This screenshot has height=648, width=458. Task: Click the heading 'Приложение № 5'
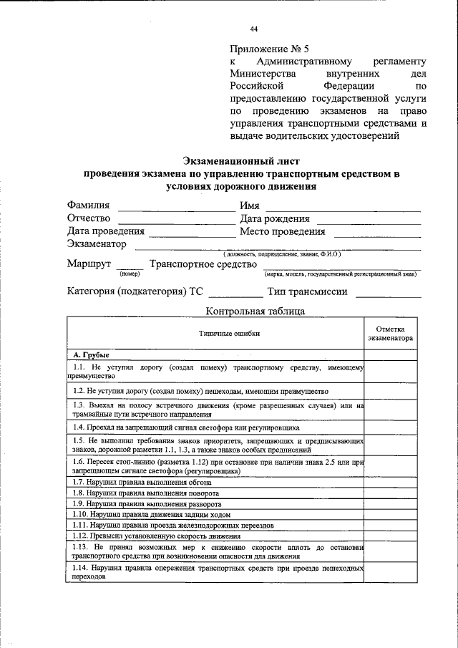(270, 49)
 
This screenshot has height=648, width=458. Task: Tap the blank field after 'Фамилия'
(171, 208)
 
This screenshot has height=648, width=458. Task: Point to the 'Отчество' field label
(89, 218)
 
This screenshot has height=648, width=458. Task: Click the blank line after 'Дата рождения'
(369, 221)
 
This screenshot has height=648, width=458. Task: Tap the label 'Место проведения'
(283, 231)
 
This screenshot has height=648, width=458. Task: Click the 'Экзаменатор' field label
(97, 244)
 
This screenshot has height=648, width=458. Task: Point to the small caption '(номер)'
(130, 274)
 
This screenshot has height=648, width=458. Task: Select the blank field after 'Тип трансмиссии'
(389, 294)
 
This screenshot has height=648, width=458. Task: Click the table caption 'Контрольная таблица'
(255, 311)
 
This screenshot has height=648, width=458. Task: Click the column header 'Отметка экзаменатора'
(391, 332)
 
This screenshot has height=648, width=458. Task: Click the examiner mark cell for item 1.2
(391, 392)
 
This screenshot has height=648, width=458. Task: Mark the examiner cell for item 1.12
(391, 535)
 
